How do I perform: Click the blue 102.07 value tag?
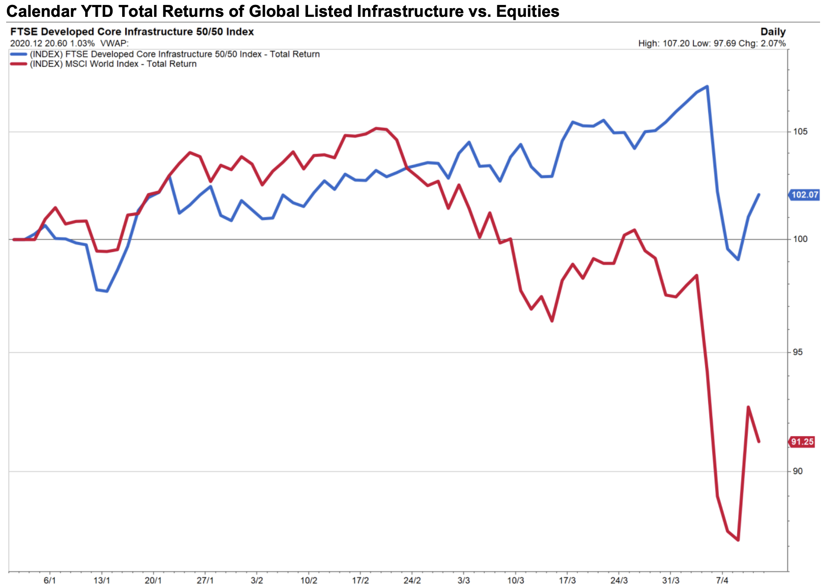804,195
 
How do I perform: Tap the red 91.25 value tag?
802,442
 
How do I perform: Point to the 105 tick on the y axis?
800,132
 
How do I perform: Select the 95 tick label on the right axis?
797,352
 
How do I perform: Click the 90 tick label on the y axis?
797,471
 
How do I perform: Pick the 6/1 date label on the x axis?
50,580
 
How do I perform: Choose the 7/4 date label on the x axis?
722,580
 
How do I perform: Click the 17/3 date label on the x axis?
567,580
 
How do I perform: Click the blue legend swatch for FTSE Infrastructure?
19,54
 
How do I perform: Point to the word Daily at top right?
773,32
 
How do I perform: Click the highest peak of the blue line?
707,86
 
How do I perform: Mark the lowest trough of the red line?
738,540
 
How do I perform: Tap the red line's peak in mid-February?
376,128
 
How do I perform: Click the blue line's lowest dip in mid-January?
107,291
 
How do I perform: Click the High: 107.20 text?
663,44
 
